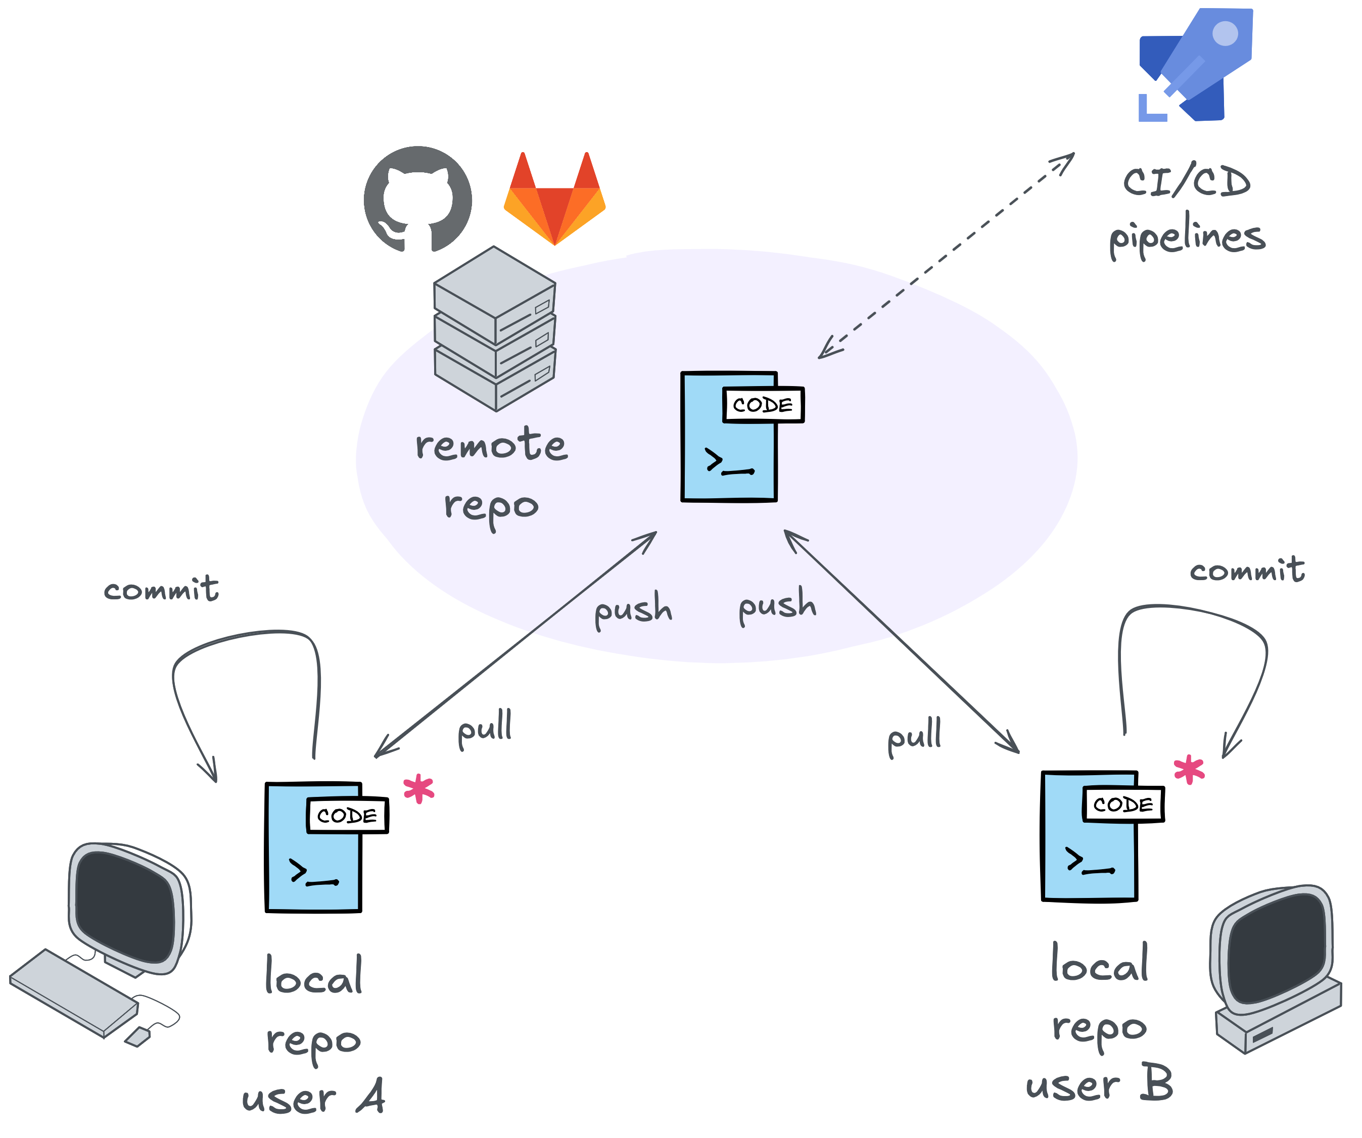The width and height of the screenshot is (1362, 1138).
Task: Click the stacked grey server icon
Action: tap(495, 329)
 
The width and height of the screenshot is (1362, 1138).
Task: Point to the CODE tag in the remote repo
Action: tap(763, 405)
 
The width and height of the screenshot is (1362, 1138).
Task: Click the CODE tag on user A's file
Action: tap(346, 816)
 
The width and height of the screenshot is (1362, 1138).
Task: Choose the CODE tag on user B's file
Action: tap(1122, 804)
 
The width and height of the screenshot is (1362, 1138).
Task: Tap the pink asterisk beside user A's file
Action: tap(418, 788)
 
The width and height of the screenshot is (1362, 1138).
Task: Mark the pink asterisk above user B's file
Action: tap(1189, 770)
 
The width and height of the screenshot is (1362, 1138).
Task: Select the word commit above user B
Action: tap(1247, 571)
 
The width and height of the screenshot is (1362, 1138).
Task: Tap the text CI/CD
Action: tap(1187, 181)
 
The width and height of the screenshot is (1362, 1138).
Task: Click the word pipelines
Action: tap(1187, 236)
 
